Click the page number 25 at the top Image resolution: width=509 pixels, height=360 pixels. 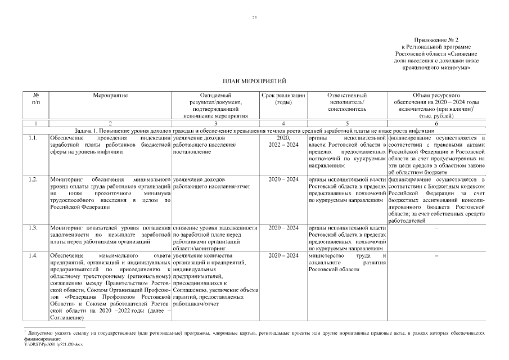tap(254, 19)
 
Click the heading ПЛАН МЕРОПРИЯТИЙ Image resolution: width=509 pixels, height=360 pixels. tap(254, 82)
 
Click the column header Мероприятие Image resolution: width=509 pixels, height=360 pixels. tap(111, 96)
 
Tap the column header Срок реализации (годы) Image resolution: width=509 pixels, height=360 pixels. tap(283, 99)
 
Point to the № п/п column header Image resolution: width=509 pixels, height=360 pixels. tap(36, 99)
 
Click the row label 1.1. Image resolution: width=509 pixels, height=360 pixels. tap(33, 138)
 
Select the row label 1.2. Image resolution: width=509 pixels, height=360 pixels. tap(33, 179)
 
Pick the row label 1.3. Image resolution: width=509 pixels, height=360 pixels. tap(33, 228)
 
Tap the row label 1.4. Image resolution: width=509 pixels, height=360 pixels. tap(33, 255)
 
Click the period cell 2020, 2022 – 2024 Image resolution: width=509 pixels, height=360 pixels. tap(283, 141)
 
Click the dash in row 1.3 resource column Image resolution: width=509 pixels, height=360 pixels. tap(436, 228)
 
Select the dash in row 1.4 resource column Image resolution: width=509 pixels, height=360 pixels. tap(436, 255)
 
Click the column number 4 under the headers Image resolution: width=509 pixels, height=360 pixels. tap(283, 123)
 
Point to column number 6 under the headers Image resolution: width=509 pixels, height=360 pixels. tap(436, 123)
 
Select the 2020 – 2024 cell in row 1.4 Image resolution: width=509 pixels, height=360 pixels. tap(283, 255)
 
